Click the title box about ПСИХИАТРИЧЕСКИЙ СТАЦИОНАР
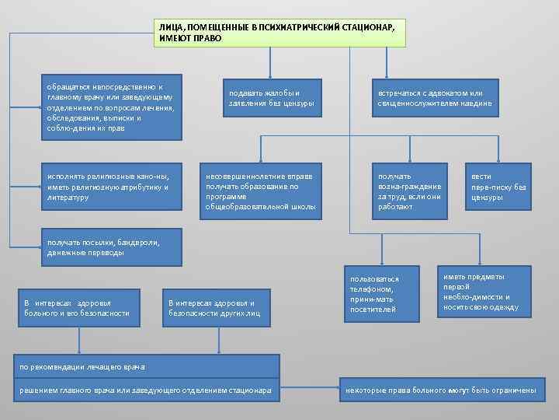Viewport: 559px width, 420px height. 279,32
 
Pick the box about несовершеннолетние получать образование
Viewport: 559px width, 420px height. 260,191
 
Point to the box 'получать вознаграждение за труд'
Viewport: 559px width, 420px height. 410,191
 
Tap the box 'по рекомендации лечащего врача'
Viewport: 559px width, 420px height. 147,366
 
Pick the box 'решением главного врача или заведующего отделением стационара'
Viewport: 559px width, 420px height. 147,390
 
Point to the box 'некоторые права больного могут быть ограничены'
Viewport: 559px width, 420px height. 439,390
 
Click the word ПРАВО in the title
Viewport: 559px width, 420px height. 209,38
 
